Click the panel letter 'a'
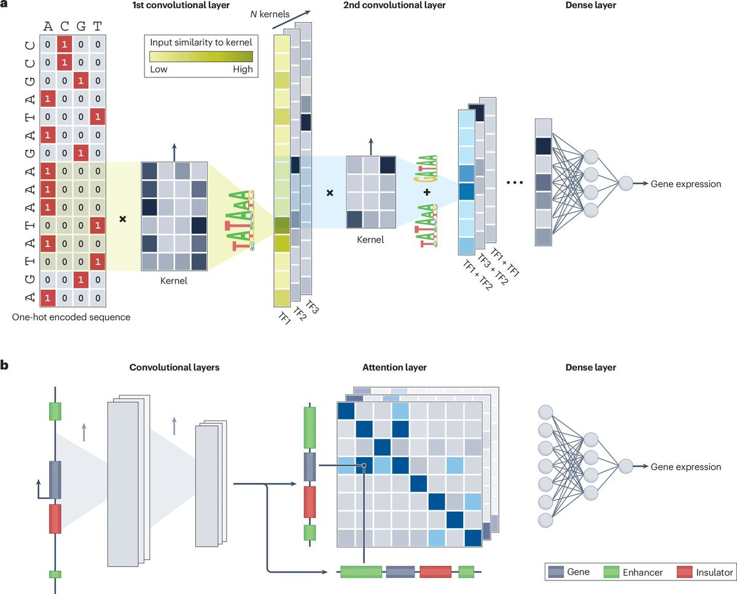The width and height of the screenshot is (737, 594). point(4,4)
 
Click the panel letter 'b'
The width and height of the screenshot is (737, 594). point(4,365)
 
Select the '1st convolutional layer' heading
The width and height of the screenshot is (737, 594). point(181,5)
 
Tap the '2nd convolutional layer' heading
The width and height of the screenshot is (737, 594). point(394,5)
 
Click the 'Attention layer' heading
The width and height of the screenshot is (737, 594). point(394,367)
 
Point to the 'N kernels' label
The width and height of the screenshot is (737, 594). point(270,14)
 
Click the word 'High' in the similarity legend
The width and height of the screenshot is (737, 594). point(243,69)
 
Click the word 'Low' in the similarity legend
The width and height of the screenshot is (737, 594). point(158,69)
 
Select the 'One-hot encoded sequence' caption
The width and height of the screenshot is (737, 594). point(71,317)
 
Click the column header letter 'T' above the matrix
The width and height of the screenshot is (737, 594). point(98,26)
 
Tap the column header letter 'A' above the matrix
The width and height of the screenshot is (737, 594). point(48,26)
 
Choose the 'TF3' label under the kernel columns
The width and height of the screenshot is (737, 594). point(312,307)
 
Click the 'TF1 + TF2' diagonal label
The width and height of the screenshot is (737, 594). point(478,275)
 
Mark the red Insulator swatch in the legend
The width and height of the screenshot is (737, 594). point(685,572)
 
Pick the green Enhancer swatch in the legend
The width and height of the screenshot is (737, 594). point(611,572)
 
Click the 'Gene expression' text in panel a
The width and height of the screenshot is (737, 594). point(685,184)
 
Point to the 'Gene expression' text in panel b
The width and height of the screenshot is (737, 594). point(685,467)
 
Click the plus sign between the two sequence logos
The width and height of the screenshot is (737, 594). point(427,192)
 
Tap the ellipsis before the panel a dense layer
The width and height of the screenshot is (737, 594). point(515,182)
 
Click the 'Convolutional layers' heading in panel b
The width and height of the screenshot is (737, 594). point(174,367)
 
